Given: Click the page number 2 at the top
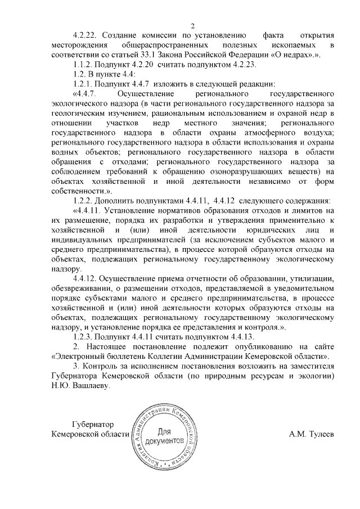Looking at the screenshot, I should tap(192, 25).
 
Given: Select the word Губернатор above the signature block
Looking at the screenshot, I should tap(93, 424).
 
